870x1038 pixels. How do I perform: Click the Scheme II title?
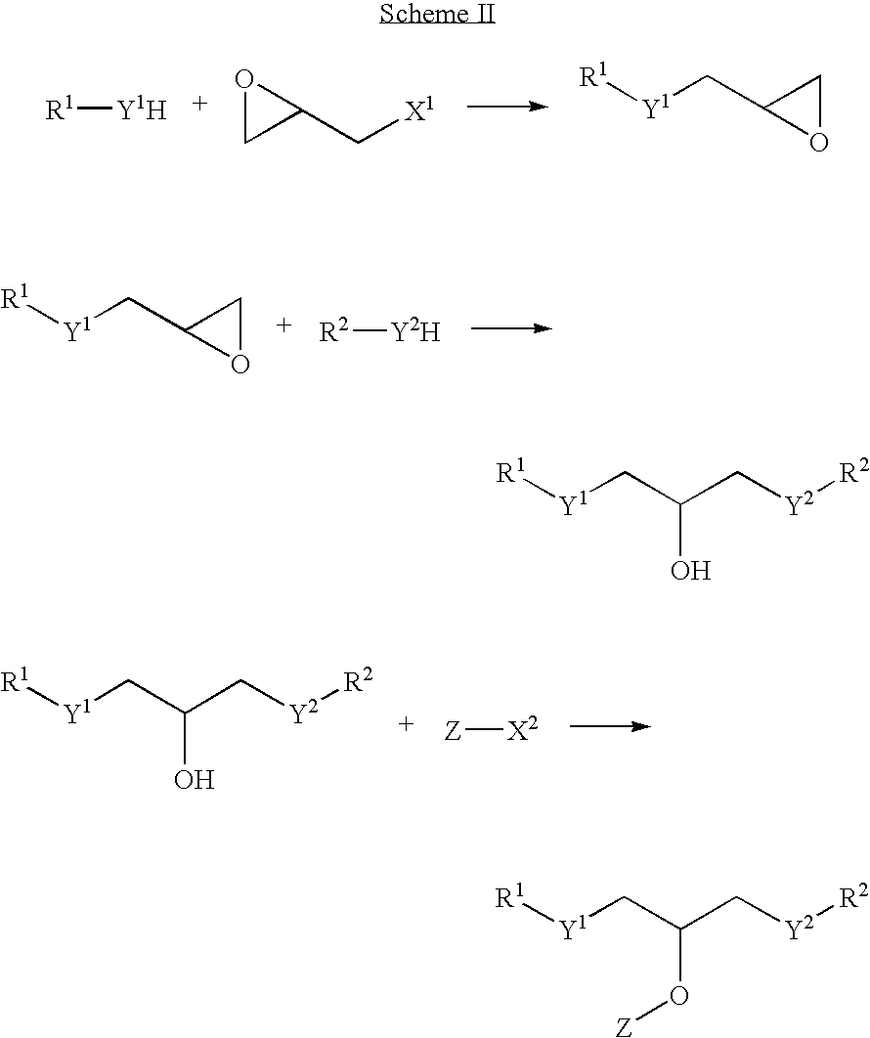pyautogui.click(x=437, y=14)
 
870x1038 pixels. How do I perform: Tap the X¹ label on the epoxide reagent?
pyautogui.click(x=419, y=109)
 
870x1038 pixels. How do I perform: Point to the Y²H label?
pyautogui.click(x=416, y=330)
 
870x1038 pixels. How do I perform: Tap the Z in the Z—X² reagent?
pyautogui.click(x=453, y=730)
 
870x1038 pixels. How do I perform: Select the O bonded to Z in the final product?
pyautogui.click(x=678, y=994)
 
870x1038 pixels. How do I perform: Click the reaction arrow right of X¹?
pyautogui.click(x=508, y=107)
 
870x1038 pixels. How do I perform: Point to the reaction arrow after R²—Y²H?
pyautogui.click(x=510, y=328)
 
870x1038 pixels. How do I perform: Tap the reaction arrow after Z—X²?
pyautogui.click(x=609, y=727)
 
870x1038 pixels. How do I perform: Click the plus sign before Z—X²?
pyautogui.click(x=406, y=724)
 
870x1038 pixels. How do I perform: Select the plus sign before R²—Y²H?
pyautogui.click(x=283, y=325)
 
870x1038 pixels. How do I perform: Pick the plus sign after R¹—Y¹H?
pyautogui.click(x=199, y=104)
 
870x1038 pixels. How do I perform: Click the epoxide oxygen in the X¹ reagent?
pyautogui.click(x=244, y=79)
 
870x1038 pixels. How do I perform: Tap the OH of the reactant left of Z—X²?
pyautogui.click(x=195, y=779)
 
